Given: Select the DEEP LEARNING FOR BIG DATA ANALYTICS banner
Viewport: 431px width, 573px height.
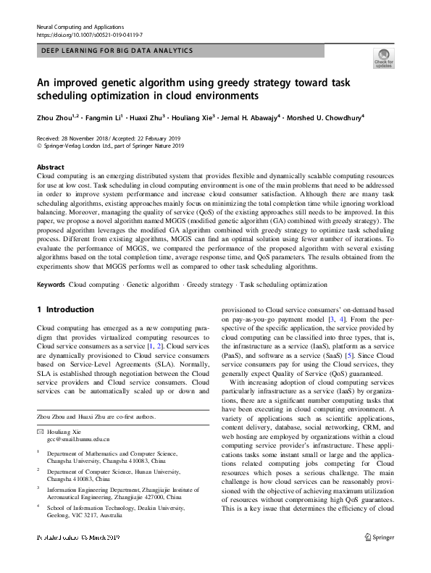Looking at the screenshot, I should [116, 51].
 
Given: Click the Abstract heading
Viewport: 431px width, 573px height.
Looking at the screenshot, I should [50, 167].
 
